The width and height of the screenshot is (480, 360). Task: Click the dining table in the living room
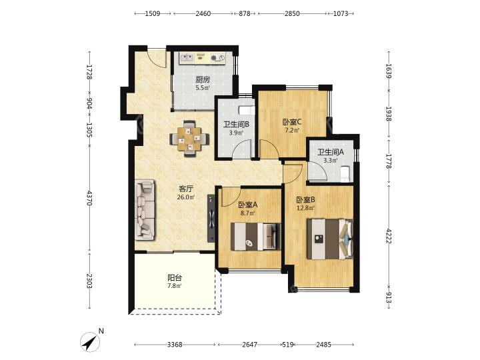point(190,139)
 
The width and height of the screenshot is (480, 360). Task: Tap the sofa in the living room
point(145,210)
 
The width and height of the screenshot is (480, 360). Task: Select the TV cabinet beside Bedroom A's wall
point(211,218)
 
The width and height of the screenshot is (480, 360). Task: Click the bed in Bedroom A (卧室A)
point(255,237)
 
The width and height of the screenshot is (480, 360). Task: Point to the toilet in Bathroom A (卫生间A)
point(345,173)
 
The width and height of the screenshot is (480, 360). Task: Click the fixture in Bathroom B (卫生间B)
point(246,109)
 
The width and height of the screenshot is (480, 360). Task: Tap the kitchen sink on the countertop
point(187,57)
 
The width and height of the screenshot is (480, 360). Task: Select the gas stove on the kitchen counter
point(217,57)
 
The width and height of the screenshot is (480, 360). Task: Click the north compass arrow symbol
point(90,342)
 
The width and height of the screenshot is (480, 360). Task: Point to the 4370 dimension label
point(89,198)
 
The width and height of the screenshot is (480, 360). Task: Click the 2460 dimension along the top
point(203,13)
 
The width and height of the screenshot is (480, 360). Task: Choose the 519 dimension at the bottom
point(288,345)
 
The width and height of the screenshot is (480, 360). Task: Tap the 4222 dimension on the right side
point(389,236)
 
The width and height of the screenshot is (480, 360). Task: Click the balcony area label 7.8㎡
point(175,286)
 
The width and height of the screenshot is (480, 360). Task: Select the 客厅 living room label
point(186,189)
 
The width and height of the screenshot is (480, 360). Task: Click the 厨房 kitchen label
point(203,80)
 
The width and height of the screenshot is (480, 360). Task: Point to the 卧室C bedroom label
point(292,122)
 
